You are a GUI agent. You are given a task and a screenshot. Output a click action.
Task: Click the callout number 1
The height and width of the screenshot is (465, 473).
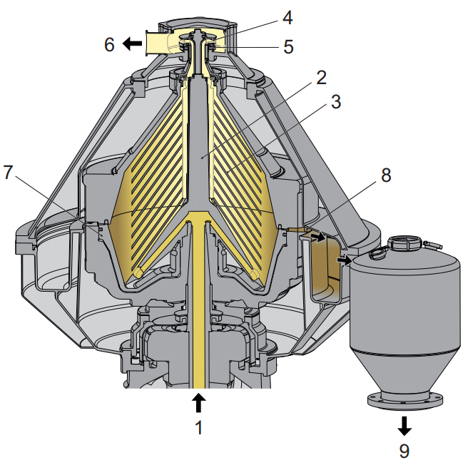coord(199,428)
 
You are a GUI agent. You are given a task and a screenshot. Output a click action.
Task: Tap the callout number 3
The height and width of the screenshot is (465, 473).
coord(335,101)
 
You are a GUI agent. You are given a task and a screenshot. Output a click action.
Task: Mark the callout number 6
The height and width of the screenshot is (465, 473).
coord(109,44)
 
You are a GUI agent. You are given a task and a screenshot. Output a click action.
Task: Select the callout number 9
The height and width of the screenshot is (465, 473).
coord(405,451)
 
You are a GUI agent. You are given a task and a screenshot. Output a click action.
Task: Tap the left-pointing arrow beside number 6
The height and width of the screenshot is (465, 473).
coord(131,44)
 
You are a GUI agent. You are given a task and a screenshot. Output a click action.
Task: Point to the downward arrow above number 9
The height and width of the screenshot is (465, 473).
coord(405,426)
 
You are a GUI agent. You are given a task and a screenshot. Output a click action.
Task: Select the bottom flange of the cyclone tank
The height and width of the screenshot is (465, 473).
coord(404,401)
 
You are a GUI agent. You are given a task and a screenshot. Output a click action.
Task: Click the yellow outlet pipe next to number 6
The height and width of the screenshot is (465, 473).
coord(158,44)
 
